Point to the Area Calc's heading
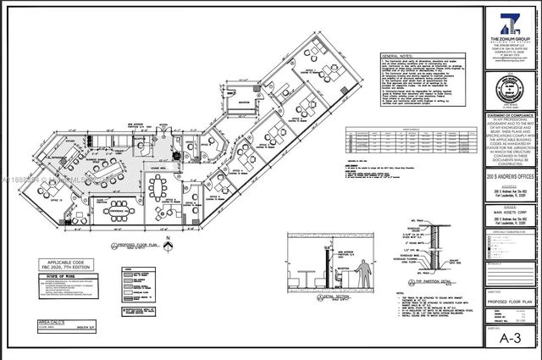pos(57,323)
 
